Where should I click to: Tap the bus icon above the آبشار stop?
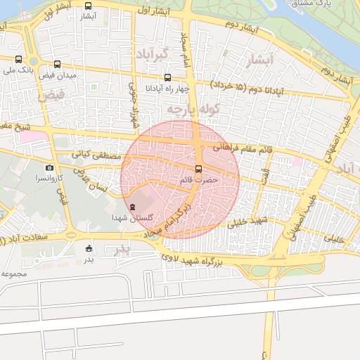tap(89, 6)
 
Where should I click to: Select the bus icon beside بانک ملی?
tap(18, 60)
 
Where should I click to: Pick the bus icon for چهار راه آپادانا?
tap(167, 78)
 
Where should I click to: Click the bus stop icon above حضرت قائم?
tap(198, 169)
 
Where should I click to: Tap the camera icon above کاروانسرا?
tap(49, 167)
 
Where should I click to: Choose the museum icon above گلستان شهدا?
tap(134, 207)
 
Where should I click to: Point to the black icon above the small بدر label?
tap(89, 248)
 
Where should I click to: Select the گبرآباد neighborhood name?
tap(152, 55)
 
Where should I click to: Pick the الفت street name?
tap(263, 175)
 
